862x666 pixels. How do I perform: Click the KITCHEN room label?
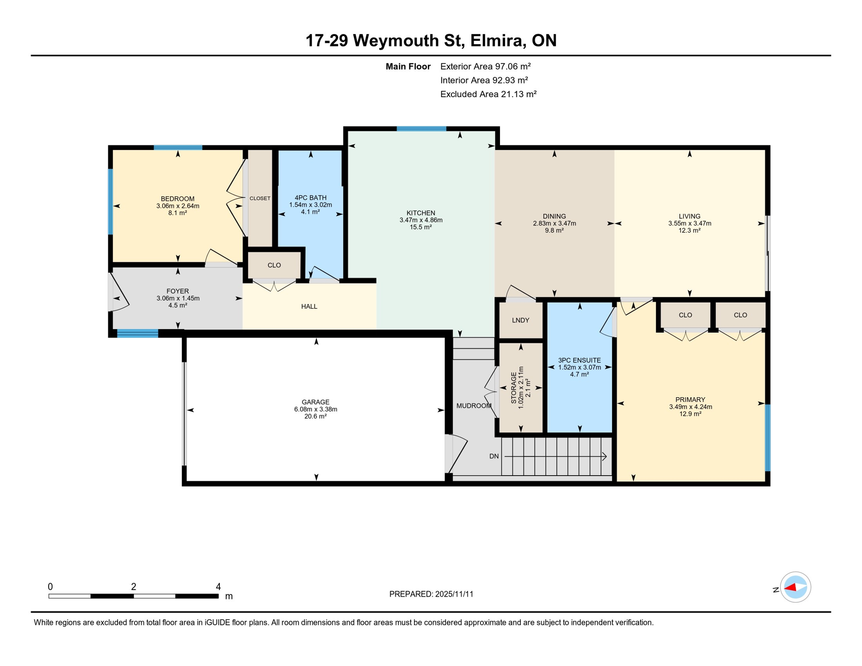coord(421,213)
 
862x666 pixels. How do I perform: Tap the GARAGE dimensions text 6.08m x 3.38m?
coord(315,409)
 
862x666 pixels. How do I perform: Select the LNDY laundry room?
coord(520,320)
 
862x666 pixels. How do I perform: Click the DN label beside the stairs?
coord(494,456)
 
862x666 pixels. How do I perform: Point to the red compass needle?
coord(790,588)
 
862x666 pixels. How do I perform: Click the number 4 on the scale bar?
coord(218,587)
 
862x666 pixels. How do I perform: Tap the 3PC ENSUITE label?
coord(579,360)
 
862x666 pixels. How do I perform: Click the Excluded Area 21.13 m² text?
coord(488,94)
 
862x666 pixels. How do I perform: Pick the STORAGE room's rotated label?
coord(514,388)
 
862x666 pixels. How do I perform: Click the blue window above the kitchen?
coord(421,129)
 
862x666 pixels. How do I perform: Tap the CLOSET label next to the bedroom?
coord(260,198)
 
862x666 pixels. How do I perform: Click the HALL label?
coord(309,307)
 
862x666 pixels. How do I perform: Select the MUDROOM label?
coord(473,406)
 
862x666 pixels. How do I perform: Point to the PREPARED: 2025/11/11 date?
coord(431,594)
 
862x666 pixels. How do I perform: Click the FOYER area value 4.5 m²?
coord(177,305)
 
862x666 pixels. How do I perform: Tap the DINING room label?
coord(554,216)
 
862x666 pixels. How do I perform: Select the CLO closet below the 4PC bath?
coord(274,265)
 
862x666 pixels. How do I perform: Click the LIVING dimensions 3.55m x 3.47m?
coord(689,224)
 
